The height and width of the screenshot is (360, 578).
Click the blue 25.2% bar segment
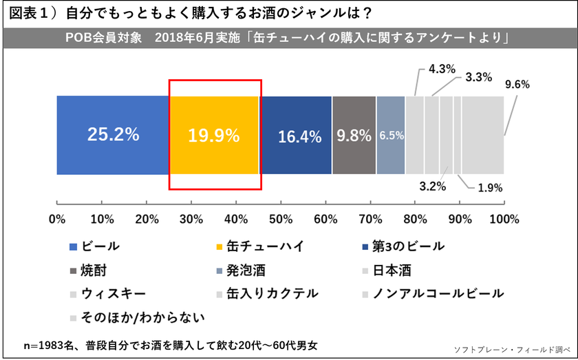pos(113,135)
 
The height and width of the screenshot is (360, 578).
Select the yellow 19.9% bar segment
pos(214,135)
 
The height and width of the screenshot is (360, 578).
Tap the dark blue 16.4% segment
pos(296,135)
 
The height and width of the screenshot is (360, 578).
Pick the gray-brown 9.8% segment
pos(354,135)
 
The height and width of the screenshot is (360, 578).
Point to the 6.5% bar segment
pos(391,135)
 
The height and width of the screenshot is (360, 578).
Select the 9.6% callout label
pos(517,85)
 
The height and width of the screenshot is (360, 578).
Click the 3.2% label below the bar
pos(432,186)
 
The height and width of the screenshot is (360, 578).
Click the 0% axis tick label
pos(57,220)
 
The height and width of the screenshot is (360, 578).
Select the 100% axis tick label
pos(504,220)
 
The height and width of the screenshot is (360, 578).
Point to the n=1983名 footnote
pos(171,343)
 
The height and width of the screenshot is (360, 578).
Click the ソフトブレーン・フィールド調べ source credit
pos(513,350)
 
